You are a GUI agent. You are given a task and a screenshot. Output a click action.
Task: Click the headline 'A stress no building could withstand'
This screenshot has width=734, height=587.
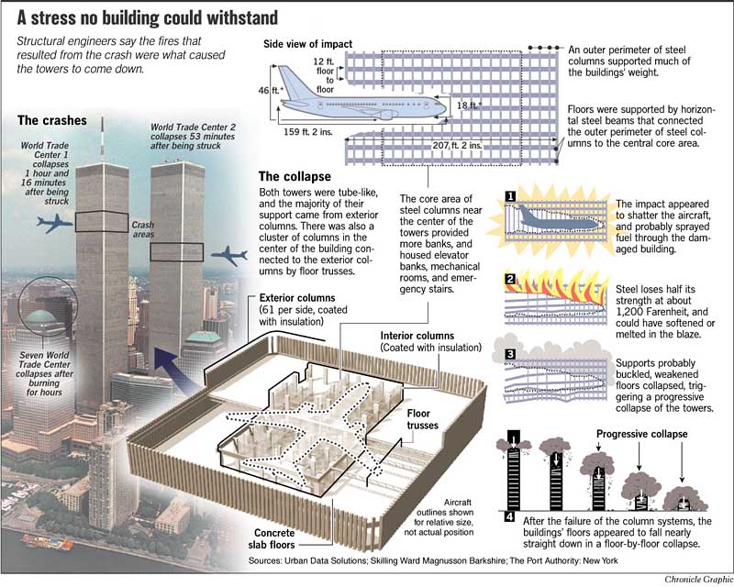pyautogui.click(x=147, y=18)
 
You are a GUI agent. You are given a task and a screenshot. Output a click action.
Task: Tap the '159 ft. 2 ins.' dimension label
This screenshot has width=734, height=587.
pyautogui.click(x=307, y=132)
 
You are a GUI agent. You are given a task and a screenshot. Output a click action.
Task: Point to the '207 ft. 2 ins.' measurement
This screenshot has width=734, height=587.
pyautogui.click(x=457, y=146)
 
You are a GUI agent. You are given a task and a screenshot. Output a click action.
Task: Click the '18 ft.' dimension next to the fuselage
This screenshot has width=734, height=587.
pyautogui.click(x=469, y=105)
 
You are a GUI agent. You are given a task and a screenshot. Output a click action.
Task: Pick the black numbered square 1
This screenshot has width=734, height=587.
pyautogui.click(x=510, y=196)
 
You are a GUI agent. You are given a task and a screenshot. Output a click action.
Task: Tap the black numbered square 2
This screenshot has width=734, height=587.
pyautogui.click(x=510, y=280)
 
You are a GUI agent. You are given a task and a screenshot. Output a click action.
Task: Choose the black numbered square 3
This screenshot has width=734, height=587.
pyautogui.click(x=510, y=354)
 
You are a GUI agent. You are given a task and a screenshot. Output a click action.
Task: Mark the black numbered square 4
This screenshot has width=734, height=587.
pyautogui.click(x=509, y=516)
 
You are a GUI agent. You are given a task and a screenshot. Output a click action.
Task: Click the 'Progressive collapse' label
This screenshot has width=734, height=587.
pyautogui.click(x=641, y=434)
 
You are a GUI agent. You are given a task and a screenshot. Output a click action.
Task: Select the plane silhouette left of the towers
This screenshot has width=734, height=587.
pyautogui.click(x=55, y=223)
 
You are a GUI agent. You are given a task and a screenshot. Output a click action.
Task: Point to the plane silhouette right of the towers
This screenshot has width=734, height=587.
pyautogui.click(x=228, y=256)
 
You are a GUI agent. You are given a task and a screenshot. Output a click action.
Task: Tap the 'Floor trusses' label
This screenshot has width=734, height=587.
pyautogui.click(x=422, y=419)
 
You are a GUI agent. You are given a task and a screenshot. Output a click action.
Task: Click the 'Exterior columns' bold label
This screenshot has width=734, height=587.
pyautogui.click(x=297, y=298)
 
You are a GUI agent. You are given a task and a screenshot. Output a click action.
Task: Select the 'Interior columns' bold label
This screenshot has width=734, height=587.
pyautogui.click(x=417, y=336)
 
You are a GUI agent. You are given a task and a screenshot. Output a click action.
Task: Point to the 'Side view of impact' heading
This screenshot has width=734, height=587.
pyautogui.click(x=307, y=44)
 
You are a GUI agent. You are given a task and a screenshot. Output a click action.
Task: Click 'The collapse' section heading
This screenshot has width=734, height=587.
pyautogui.click(x=295, y=176)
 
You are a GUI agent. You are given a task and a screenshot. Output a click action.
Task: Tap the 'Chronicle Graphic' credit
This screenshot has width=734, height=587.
pyautogui.click(x=698, y=580)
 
